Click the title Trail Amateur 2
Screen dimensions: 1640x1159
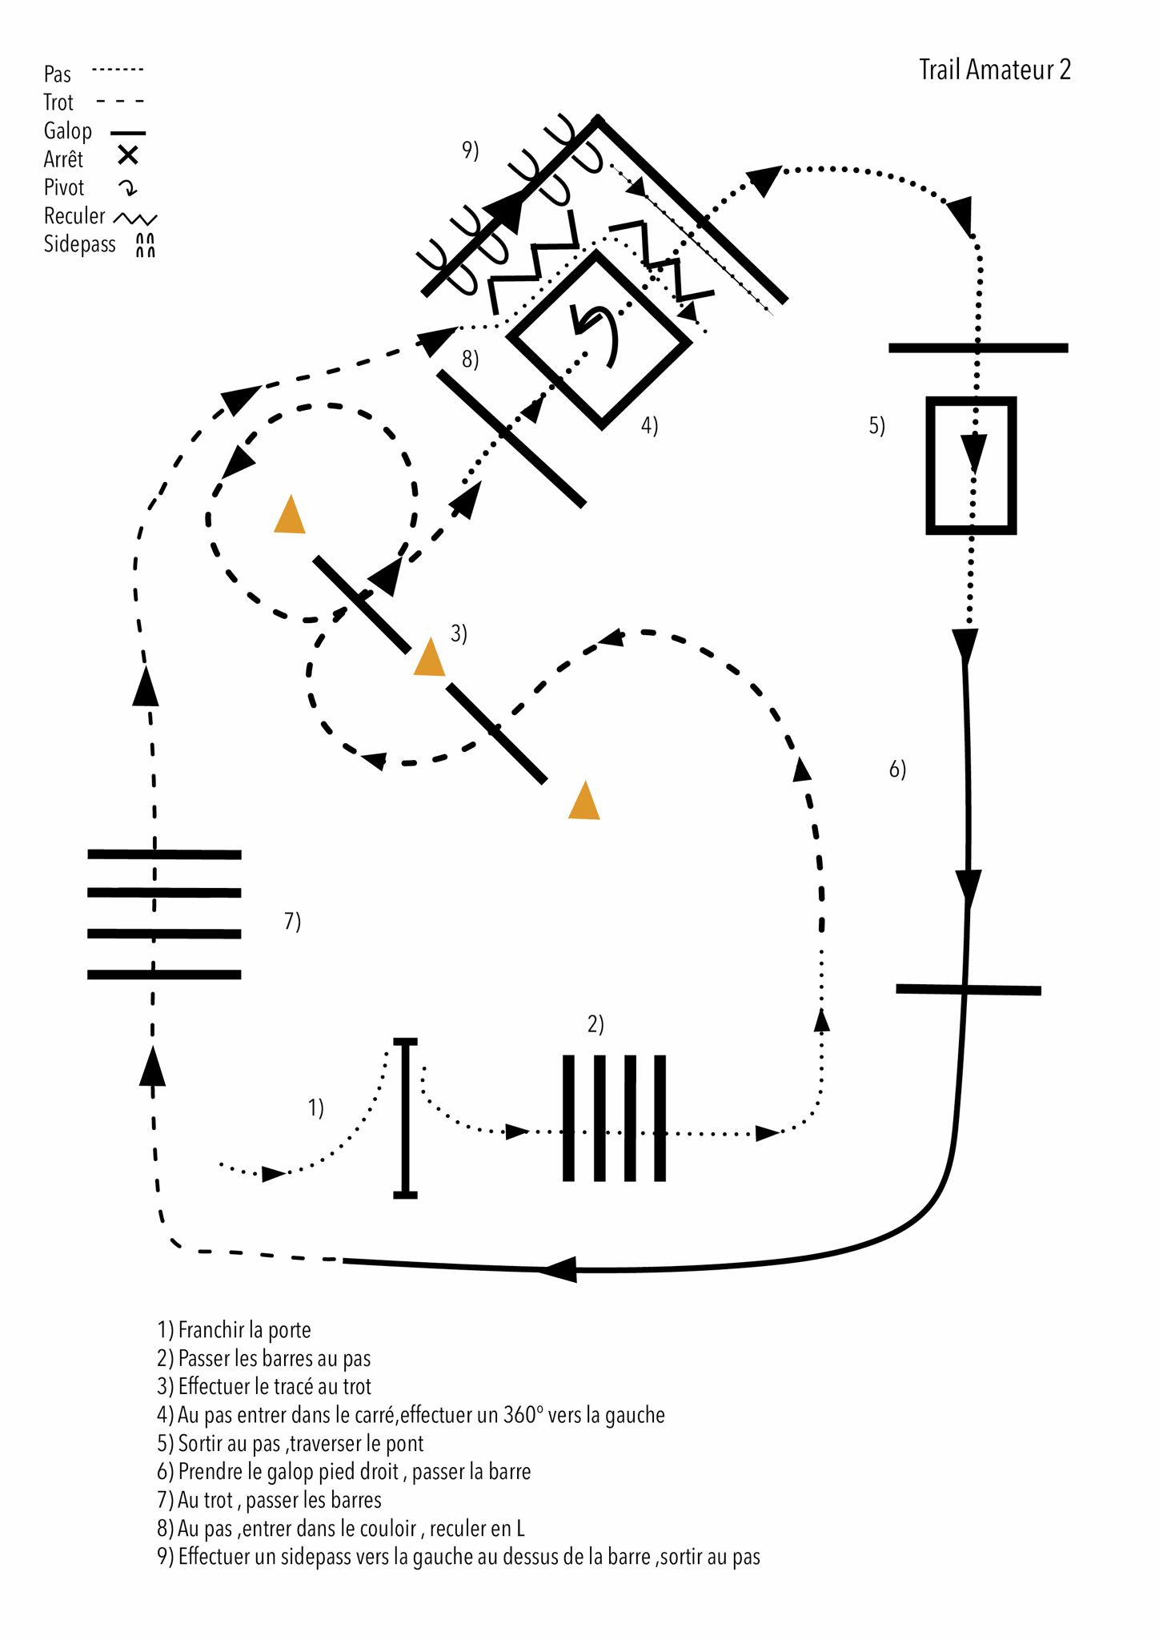994,70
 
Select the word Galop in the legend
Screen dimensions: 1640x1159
67,131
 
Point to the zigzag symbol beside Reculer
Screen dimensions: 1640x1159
135,218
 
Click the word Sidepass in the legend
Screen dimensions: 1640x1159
79,244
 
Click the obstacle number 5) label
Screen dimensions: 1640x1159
877,425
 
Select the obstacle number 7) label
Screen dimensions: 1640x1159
293,921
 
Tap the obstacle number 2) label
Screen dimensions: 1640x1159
596,1024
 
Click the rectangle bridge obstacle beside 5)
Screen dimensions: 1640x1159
971,465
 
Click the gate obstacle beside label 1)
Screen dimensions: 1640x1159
406,1117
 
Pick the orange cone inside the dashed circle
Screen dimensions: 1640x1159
290,515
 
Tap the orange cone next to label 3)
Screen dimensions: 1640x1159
429,657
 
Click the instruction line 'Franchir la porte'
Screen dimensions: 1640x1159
234,1330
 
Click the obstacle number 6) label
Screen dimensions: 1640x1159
897,770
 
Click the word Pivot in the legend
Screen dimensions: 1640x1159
64,187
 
